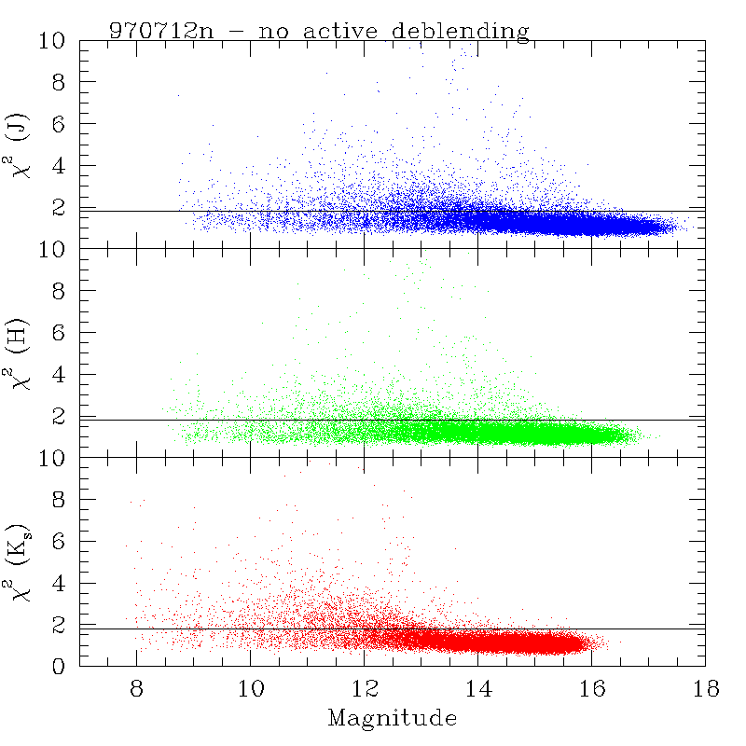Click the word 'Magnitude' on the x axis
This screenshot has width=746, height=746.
click(x=393, y=717)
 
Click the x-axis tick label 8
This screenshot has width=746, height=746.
click(x=136, y=688)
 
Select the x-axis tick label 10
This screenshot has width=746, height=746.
click(x=251, y=688)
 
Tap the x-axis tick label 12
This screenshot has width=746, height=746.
click(x=365, y=688)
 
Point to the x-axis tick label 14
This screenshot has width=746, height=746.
click(x=478, y=688)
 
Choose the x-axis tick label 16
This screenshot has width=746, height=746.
click(x=592, y=688)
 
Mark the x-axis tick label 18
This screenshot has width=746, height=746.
click(x=706, y=688)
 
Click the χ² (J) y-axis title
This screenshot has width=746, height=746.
click(x=17, y=145)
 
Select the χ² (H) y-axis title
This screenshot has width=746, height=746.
click(x=17, y=354)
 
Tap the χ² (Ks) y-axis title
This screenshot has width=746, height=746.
click(x=18, y=563)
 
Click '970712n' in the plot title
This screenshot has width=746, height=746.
click(x=161, y=31)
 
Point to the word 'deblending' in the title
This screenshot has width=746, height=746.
click(x=461, y=32)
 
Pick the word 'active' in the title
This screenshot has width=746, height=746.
click(x=340, y=31)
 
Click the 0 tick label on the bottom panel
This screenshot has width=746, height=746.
click(x=59, y=666)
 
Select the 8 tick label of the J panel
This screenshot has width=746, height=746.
click(x=59, y=82)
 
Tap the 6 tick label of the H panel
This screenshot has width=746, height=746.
click(x=59, y=333)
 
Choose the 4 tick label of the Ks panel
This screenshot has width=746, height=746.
click(x=59, y=583)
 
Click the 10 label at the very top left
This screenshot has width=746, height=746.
click(x=52, y=41)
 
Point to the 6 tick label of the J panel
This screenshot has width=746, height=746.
click(x=59, y=124)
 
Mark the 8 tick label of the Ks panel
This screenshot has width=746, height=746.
click(x=59, y=500)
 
